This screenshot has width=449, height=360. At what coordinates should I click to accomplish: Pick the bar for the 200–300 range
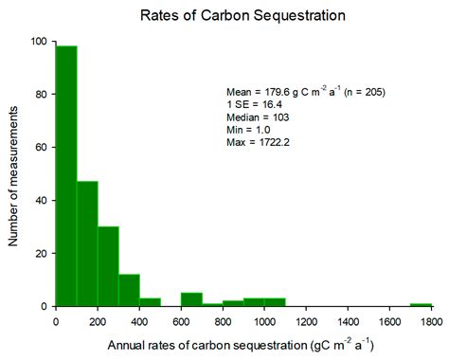[x=108, y=266]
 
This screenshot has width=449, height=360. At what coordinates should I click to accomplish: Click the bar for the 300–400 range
[x=129, y=290]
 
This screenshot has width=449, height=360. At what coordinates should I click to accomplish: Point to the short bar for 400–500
[x=150, y=302]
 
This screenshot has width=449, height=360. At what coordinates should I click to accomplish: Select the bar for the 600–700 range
[x=191, y=299]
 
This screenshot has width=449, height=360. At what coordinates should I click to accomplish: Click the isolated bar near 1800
[x=421, y=304]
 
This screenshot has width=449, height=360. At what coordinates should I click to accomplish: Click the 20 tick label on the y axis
[x=43, y=254]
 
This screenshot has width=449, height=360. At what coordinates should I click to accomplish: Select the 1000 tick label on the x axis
[x=264, y=320]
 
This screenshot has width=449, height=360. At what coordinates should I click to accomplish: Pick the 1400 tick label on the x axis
[x=348, y=320]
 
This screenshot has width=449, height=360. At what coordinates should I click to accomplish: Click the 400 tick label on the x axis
[x=139, y=320]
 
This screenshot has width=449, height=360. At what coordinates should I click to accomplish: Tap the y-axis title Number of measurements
[x=14, y=172]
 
